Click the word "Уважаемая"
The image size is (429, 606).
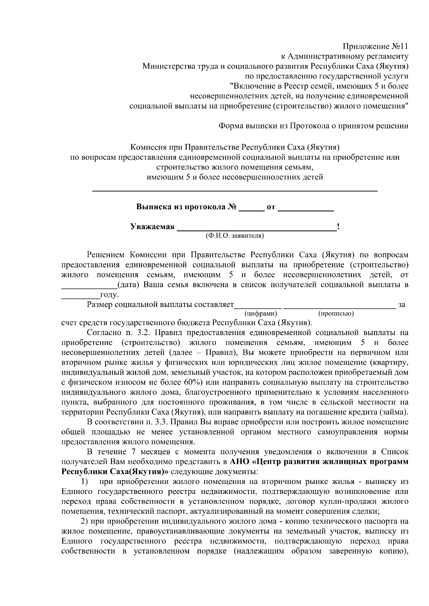click(x=152, y=227)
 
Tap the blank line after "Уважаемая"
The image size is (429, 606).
click(x=257, y=228)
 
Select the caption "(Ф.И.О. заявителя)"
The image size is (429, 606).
click(x=235, y=236)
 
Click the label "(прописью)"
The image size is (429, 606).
click(x=336, y=314)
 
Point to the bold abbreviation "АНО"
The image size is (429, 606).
click(x=240, y=462)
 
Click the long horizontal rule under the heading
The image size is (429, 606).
click(x=235, y=192)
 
